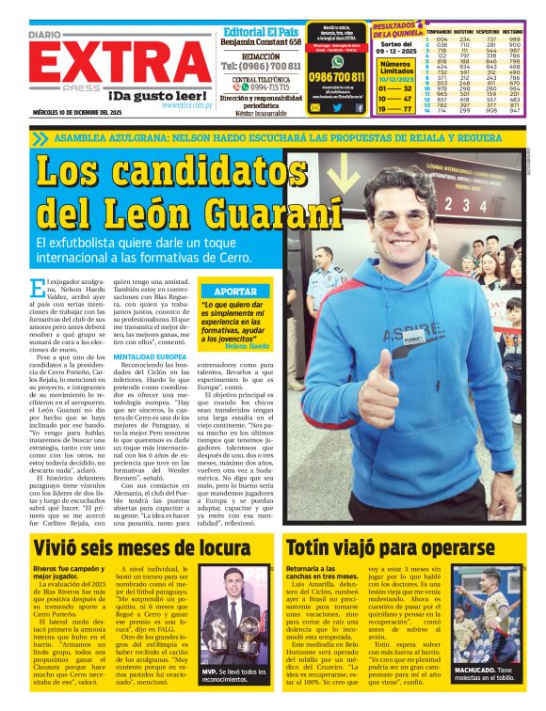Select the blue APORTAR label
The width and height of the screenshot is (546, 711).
[235, 292]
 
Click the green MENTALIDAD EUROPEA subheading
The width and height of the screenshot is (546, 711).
[152, 358]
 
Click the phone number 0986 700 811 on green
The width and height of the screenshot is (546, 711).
[336, 77]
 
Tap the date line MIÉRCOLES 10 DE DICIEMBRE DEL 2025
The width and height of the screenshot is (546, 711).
[79, 112]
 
